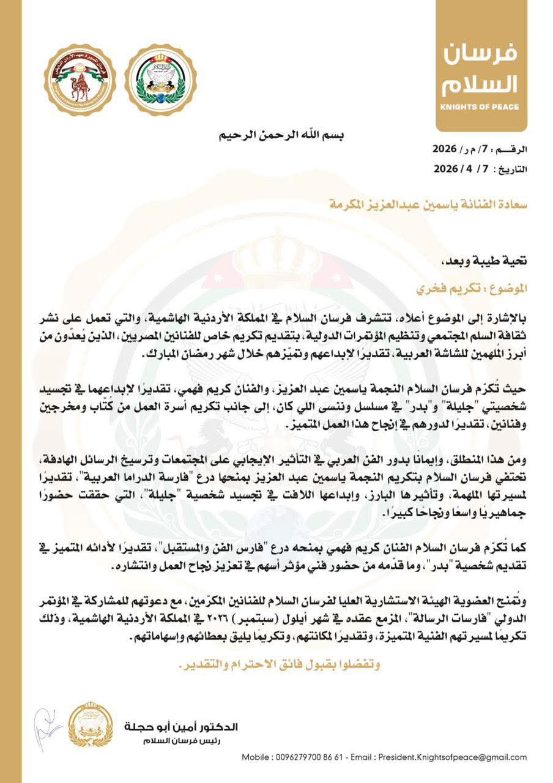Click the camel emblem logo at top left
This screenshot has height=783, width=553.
[80, 80]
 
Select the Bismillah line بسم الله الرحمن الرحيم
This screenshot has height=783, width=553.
[281, 135]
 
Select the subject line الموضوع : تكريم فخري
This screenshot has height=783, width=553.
[478, 286]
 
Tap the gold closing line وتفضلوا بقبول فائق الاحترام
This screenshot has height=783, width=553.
[277, 665]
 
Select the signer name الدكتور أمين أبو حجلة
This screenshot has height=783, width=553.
[180, 727]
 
